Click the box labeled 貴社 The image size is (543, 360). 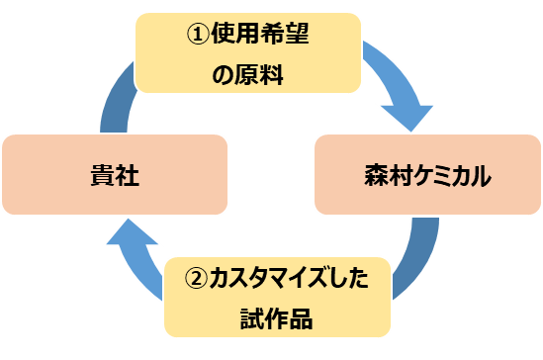coord(115,176)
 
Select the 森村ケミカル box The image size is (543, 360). coord(426,176)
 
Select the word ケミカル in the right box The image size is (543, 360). coord(446,177)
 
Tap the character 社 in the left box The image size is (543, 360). coord(129,177)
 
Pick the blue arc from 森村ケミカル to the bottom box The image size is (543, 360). coord(415,257)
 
